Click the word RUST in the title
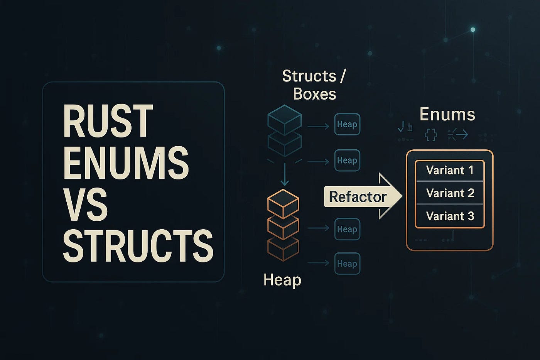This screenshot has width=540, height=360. (x=108, y=121)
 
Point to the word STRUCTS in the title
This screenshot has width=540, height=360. (x=138, y=246)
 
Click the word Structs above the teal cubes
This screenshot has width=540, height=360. (x=309, y=76)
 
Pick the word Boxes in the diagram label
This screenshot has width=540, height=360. (x=314, y=94)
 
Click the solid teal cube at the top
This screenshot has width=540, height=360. (x=285, y=119)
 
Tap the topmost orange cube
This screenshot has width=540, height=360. (x=283, y=203)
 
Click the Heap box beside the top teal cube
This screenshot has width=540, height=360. (x=347, y=124)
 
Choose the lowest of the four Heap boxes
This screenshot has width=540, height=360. (x=347, y=264)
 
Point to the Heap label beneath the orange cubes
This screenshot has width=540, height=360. (x=282, y=280)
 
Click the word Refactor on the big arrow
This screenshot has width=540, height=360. (x=358, y=197)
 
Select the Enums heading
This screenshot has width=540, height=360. (x=447, y=114)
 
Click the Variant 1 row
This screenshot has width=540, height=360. (x=450, y=170)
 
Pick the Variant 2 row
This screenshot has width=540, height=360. (x=450, y=193)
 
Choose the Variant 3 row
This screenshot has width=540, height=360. (x=450, y=216)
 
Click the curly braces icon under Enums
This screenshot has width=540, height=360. (x=431, y=135)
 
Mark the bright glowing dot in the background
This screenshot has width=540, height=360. (x=473, y=30)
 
